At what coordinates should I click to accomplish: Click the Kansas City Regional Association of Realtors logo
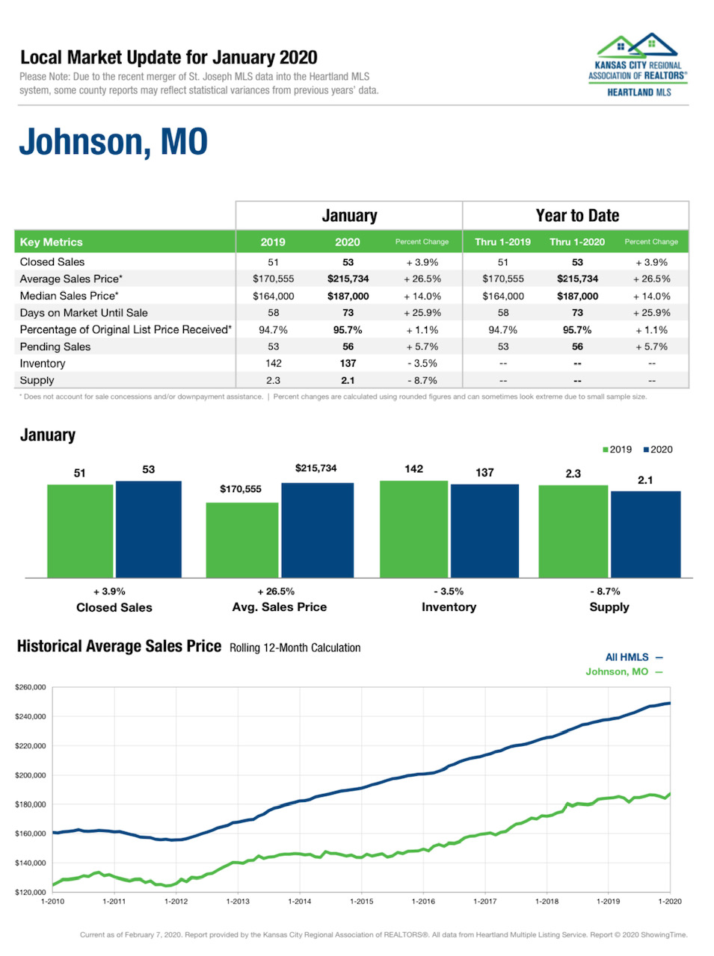click(638, 66)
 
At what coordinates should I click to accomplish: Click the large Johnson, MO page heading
click(113, 142)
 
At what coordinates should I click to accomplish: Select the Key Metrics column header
click(52, 242)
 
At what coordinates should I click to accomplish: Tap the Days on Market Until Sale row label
click(84, 313)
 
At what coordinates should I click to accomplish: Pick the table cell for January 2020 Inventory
click(348, 364)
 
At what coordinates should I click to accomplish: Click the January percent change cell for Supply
click(422, 380)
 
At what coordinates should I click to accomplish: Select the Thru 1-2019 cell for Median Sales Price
click(502, 296)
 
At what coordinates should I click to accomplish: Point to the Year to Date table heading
click(576, 216)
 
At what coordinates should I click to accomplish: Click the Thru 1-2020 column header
click(576, 242)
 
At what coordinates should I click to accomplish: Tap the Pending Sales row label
click(55, 347)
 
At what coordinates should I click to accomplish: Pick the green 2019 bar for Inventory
click(413, 529)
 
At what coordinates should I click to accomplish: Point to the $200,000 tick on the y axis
click(31, 775)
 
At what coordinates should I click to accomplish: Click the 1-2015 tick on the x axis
click(362, 901)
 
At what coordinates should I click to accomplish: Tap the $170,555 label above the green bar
click(241, 489)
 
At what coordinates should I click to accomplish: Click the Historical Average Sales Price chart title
click(119, 646)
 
